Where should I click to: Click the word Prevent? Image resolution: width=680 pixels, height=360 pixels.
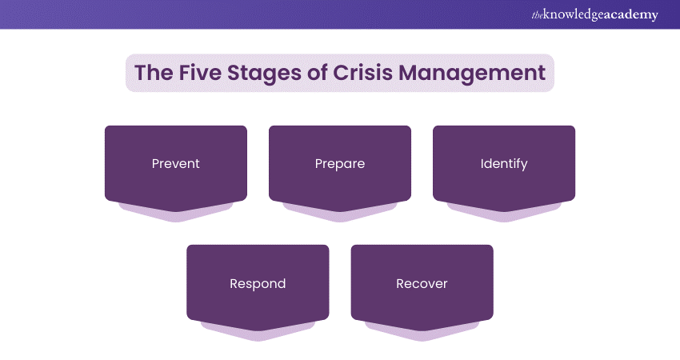pos(175,164)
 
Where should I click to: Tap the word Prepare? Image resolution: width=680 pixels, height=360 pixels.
pos(340,164)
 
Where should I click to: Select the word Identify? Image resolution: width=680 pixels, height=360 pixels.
pos(504,164)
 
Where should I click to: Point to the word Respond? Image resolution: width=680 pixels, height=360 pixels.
pos(258,283)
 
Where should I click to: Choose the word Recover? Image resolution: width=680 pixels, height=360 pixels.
pos(422,283)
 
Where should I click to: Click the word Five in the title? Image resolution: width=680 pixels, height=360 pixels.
pos(198,73)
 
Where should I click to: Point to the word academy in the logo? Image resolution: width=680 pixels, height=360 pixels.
pos(631,14)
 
